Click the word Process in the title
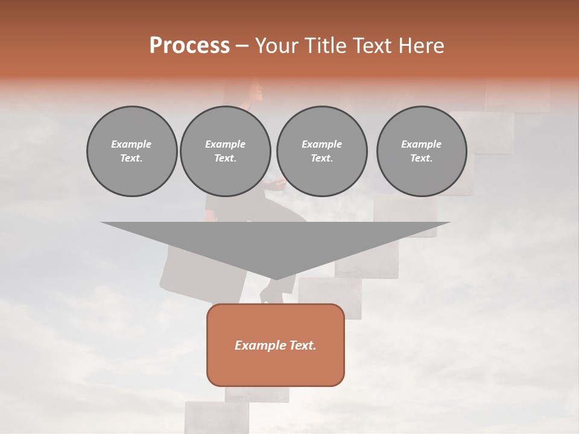[x=189, y=46]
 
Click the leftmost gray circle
[x=131, y=151]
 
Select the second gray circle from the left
[x=225, y=151]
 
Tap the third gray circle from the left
[x=321, y=151]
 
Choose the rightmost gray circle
[x=421, y=151]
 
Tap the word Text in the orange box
[x=303, y=345]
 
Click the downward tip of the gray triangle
[x=276, y=278]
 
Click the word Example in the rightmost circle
[x=421, y=144]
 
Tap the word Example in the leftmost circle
[x=131, y=144]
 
